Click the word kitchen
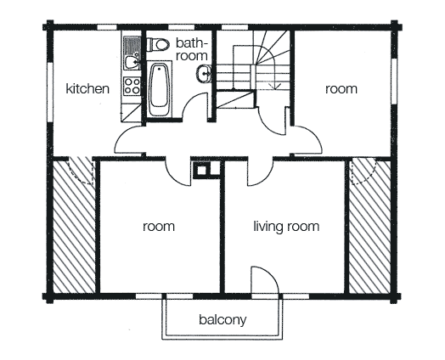(x=87, y=89)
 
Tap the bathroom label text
(x=192, y=49)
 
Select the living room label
(x=286, y=227)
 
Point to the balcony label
(x=222, y=320)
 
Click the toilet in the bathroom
(x=158, y=44)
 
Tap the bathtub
(x=159, y=90)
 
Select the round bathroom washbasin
(x=204, y=74)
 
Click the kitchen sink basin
(x=132, y=63)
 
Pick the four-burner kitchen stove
(x=132, y=87)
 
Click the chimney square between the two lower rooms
(x=202, y=171)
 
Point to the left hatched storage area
(x=75, y=227)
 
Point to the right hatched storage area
(x=369, y=227)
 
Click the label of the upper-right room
(x=341, y=89)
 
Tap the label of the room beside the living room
(x=159, y=227)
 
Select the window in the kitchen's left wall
(x=50, y=93)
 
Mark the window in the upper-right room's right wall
(x=394, y=81)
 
